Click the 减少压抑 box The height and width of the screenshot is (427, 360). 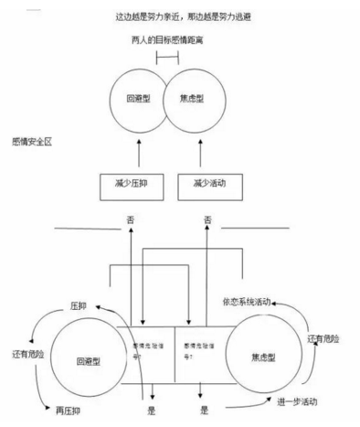click(134, 183)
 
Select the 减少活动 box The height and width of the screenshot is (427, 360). click(209, 183)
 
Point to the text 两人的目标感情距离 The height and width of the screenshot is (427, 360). click(167, 43)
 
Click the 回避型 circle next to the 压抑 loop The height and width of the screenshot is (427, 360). click(87, 360)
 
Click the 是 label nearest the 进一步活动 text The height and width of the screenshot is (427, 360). click(206, 411)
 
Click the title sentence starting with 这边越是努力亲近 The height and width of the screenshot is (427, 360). click(179, 17)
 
